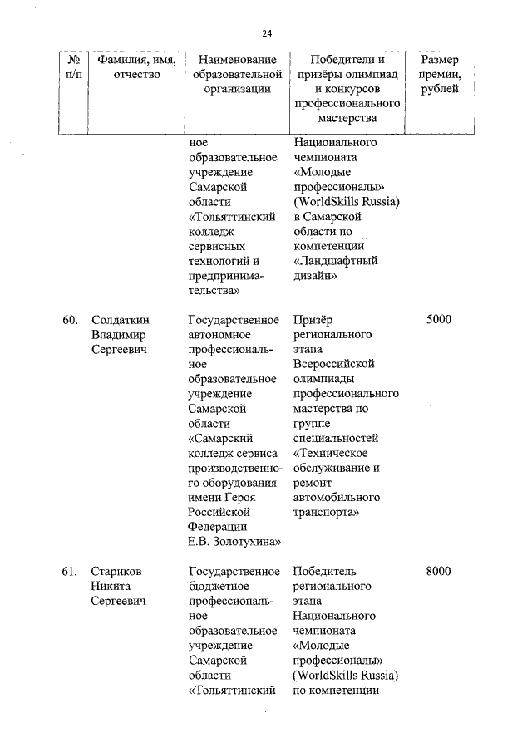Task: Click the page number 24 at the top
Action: [x=267, y=33]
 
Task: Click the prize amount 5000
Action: [x=438, y=320]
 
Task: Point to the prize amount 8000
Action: [x=438, y=571]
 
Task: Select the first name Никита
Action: [x=112, y=586]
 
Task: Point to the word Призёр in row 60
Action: [x=313, y=320]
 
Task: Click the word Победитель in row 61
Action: [x=324, y=571]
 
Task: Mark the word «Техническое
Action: [x=333, y=453]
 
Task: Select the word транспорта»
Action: [x=326, y=512]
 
